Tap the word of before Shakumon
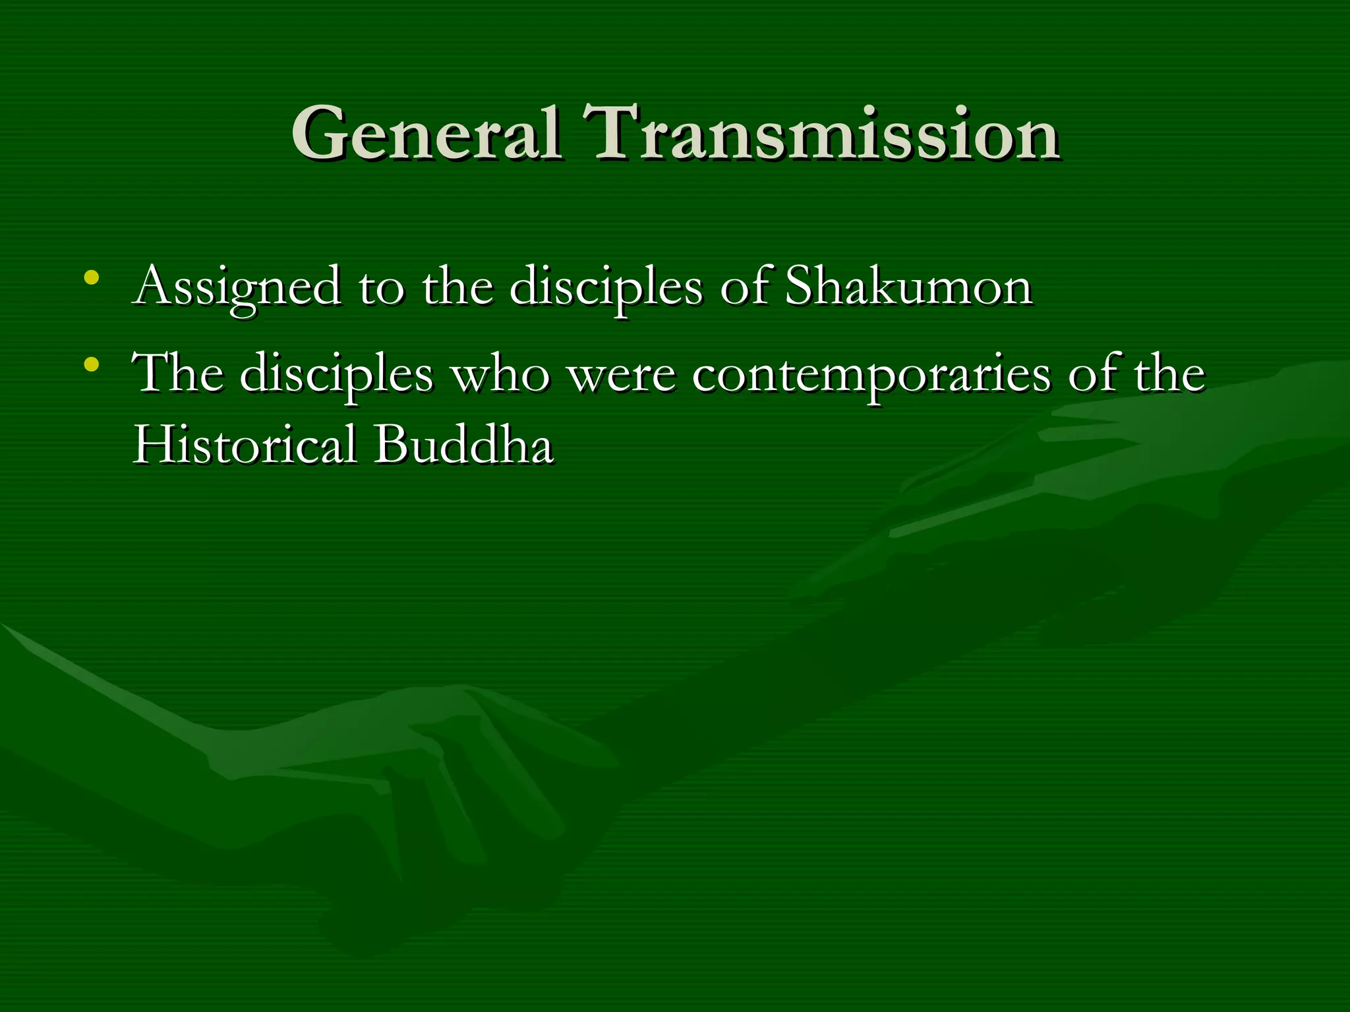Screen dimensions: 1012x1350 point(744,287)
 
